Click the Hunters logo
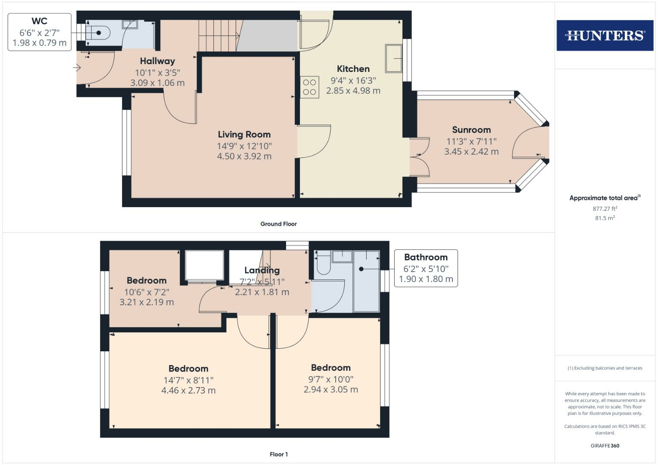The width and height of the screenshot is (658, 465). click(605, 35)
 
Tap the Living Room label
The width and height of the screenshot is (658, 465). click(244, 135)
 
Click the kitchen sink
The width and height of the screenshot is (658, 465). click(393, 58)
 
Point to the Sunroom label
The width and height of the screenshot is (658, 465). click(471, 130)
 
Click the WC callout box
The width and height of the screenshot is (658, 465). click(40, 32)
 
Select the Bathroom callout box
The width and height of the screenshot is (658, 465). click(426, 268)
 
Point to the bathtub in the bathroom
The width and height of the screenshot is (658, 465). click(366, 281)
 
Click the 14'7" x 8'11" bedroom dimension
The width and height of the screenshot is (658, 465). click(188, 380)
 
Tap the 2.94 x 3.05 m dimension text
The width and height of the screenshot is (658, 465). click(331, 390)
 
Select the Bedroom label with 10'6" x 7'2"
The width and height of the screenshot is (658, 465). click(147, 281)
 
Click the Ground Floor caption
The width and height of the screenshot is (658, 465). click(278, 224)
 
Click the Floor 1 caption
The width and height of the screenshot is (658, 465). click(278, 454)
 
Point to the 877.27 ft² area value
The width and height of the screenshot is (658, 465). click(605, 209)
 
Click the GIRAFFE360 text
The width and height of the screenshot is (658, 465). click(605, 446)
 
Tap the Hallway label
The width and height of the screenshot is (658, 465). click(157, 61)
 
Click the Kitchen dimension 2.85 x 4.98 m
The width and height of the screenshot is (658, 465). click(353, 91)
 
